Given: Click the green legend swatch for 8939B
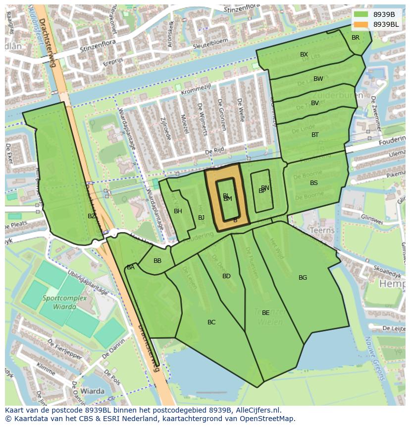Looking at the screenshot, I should click(361, 14).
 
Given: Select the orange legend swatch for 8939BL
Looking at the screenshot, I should click(361, 24).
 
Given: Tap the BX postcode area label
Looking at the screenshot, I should click(304, 55).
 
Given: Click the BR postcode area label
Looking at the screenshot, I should click(356, 38).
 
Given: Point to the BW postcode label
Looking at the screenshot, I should click(318, 79).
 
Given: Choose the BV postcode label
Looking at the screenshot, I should click(315, 103).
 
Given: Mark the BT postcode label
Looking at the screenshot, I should click(315, 135).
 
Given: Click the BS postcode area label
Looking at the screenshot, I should click(314, 183).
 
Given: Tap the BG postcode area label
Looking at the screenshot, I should click(303, 278).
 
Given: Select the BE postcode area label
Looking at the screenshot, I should click(265, 313).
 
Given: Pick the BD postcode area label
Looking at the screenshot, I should click(226, 276).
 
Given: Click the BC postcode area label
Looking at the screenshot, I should click(211, 322).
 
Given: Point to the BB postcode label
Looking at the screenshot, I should click(157, 261).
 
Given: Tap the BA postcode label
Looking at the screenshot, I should click(131, 267).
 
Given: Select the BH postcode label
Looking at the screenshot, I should click(178, 211).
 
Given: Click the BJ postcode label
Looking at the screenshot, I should click(201, 218).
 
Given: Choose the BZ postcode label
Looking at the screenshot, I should click(92, 216).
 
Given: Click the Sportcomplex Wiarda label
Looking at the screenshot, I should click(64, 302).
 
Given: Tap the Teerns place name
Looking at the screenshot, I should click(322, 231).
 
